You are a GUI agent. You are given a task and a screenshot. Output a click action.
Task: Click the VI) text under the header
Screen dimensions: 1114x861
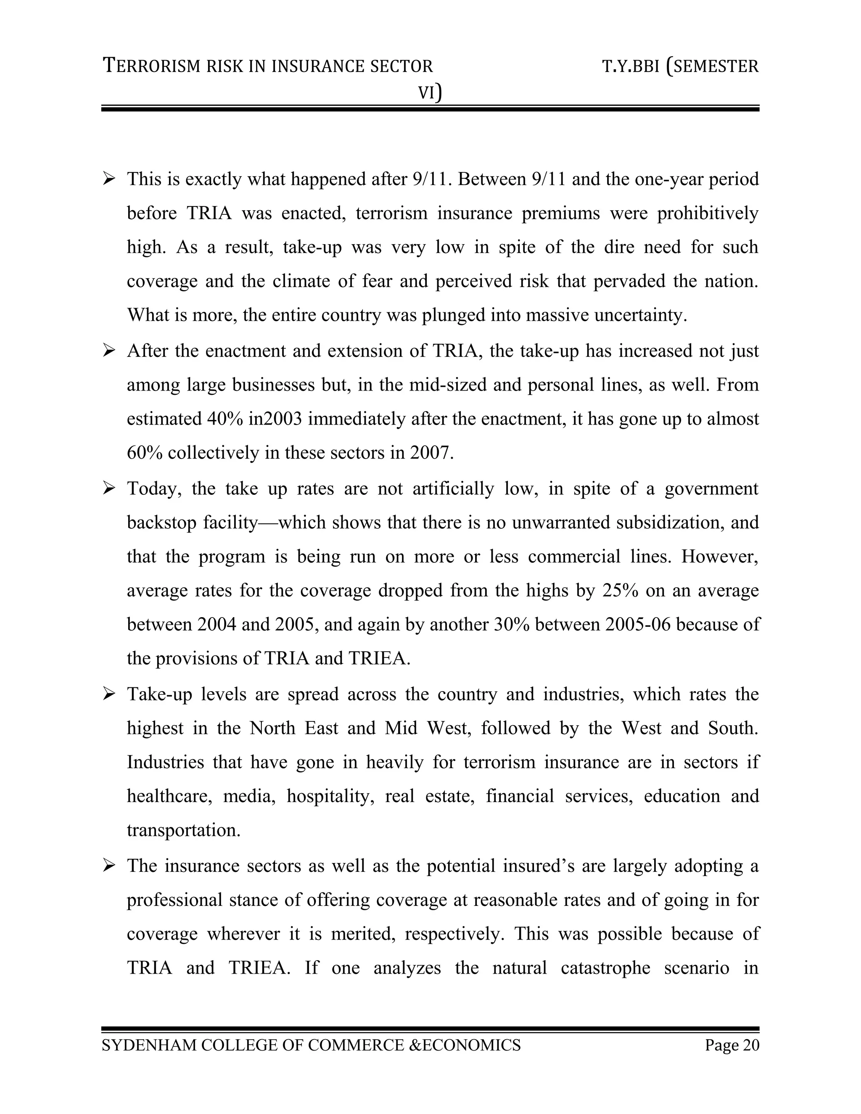[x=430, y=92]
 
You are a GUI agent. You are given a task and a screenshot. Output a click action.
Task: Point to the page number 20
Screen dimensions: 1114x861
[x=751, y=1045]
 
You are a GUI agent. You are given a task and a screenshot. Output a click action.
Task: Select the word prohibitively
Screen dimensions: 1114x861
[x=708, y=213]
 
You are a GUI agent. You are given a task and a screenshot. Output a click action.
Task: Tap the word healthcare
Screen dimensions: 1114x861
[x=169, y=796]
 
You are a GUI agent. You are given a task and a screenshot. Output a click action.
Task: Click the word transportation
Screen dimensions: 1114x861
[x=183, y=830]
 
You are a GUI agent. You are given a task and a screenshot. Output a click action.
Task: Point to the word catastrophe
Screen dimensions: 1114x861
[x=605, y=968]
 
